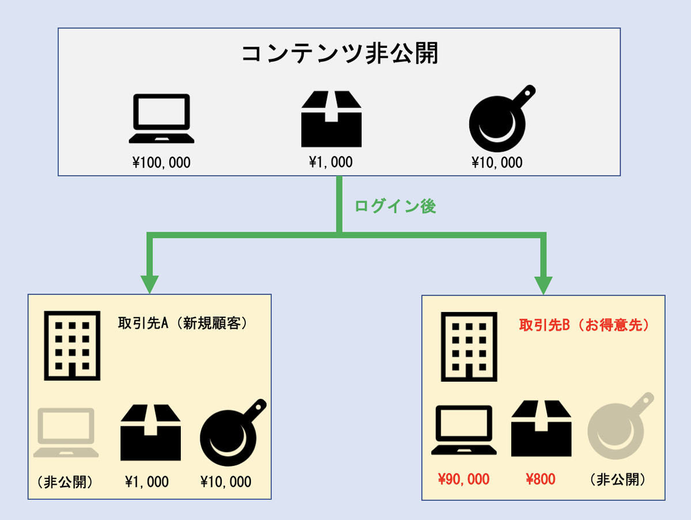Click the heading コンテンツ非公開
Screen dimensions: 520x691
pyautogui.click(x=339, y=54)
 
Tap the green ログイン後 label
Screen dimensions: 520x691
pyautogui.click(x=395, y=206)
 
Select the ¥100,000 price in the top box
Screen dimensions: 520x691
pyautogui.click(x=161, y=163)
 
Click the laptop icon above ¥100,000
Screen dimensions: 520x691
pyautogui.click(x=161, y=119)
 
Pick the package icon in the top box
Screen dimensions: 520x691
pyautogui.click(x=332, y=119)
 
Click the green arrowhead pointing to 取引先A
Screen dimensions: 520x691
pyautogui.click(x=150, y=284)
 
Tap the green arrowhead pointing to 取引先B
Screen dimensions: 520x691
pyautogui.click(x=543, y=284)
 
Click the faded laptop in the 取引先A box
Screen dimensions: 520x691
pyautogui.click(x=64, y=432)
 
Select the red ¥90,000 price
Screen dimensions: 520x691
pyautogui.click(x=464, y=478)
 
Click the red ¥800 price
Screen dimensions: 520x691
pyautogui.click(x=541, y=478)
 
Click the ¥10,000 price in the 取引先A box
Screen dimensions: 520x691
pyautogui.click(x=226, y=481)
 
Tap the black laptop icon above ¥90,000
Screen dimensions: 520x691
pyautogui.click(x=464, y=430)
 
